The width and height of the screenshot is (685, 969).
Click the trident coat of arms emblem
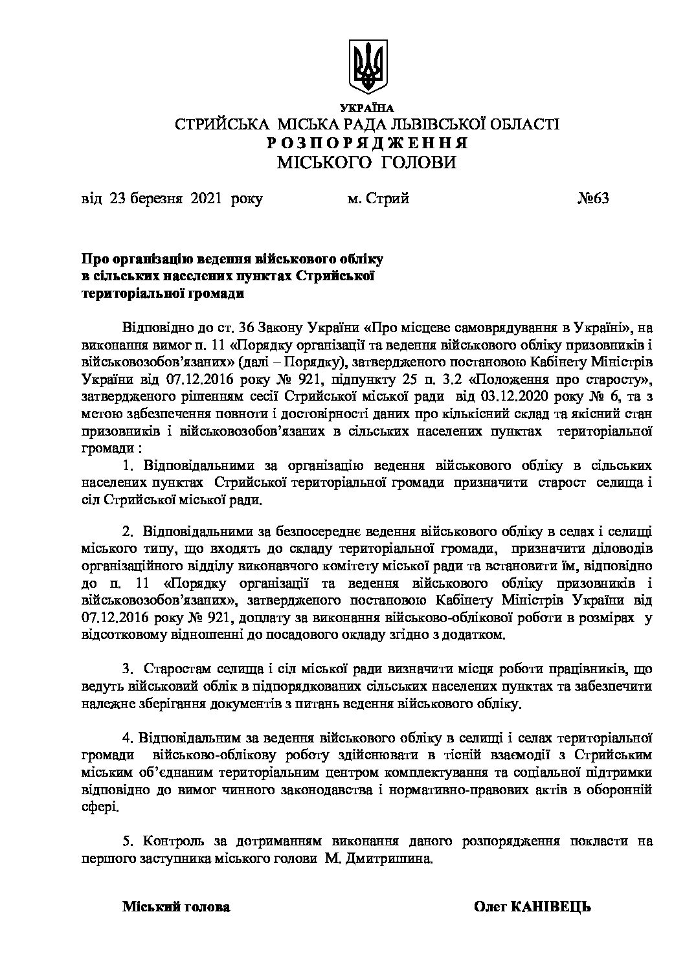367,67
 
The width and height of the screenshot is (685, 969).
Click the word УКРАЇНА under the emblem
366,107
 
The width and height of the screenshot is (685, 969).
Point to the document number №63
593,199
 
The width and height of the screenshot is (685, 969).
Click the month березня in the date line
155,199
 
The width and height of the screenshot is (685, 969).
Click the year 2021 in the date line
205,199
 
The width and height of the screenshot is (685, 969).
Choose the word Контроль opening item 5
171,841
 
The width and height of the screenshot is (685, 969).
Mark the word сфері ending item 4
100,807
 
